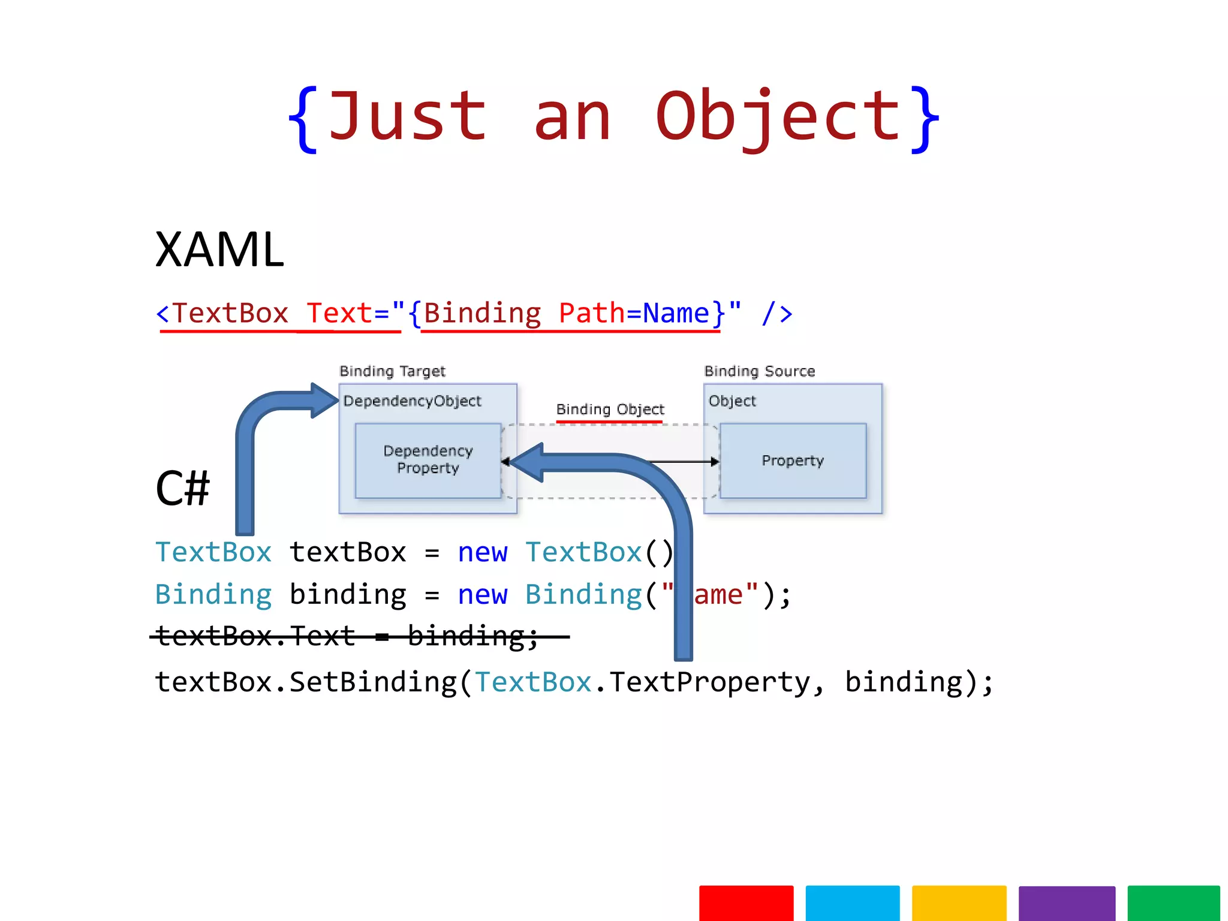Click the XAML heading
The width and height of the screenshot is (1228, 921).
(x=219, y=249)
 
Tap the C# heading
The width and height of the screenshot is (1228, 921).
(x=182, y=488)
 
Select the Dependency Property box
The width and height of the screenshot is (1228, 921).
(x=428, y=460)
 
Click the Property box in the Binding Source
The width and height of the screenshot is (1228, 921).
(x=793, y=460)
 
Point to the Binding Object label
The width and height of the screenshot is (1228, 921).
(x=610, y=410)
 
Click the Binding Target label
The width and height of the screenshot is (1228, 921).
(x=392, y=371)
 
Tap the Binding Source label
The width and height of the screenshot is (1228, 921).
(x=759, y=371)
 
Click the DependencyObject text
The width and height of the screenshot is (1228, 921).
(x=412, y=401)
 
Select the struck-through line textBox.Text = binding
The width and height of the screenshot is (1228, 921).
(x=348, y=636)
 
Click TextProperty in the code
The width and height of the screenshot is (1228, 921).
(x=710, y=682)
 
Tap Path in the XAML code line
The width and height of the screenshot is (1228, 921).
(x=591, y=313)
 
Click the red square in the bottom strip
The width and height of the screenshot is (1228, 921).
(x=746, y=902)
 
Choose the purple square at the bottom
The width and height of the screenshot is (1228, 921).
(x=1066, y=902)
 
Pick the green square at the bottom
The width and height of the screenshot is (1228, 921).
(x=1173, y=902)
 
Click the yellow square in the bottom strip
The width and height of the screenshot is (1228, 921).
(x=959, y=902)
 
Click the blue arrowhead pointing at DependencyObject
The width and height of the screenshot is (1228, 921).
(x=324, y=401)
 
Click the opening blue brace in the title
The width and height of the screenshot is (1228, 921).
(x=302, y=120)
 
